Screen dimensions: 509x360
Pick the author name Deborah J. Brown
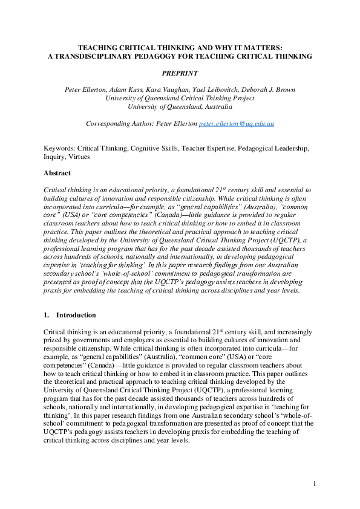point(268,89)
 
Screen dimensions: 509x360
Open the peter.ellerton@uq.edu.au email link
point(241,123)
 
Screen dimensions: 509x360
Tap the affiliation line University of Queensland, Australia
point(180,106)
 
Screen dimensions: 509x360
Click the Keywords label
point(59,148)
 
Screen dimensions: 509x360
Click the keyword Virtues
point(78,157)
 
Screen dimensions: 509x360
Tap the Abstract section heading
point(57,173)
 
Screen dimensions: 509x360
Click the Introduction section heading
point(76,316)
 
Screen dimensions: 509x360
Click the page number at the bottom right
point(315,484)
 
